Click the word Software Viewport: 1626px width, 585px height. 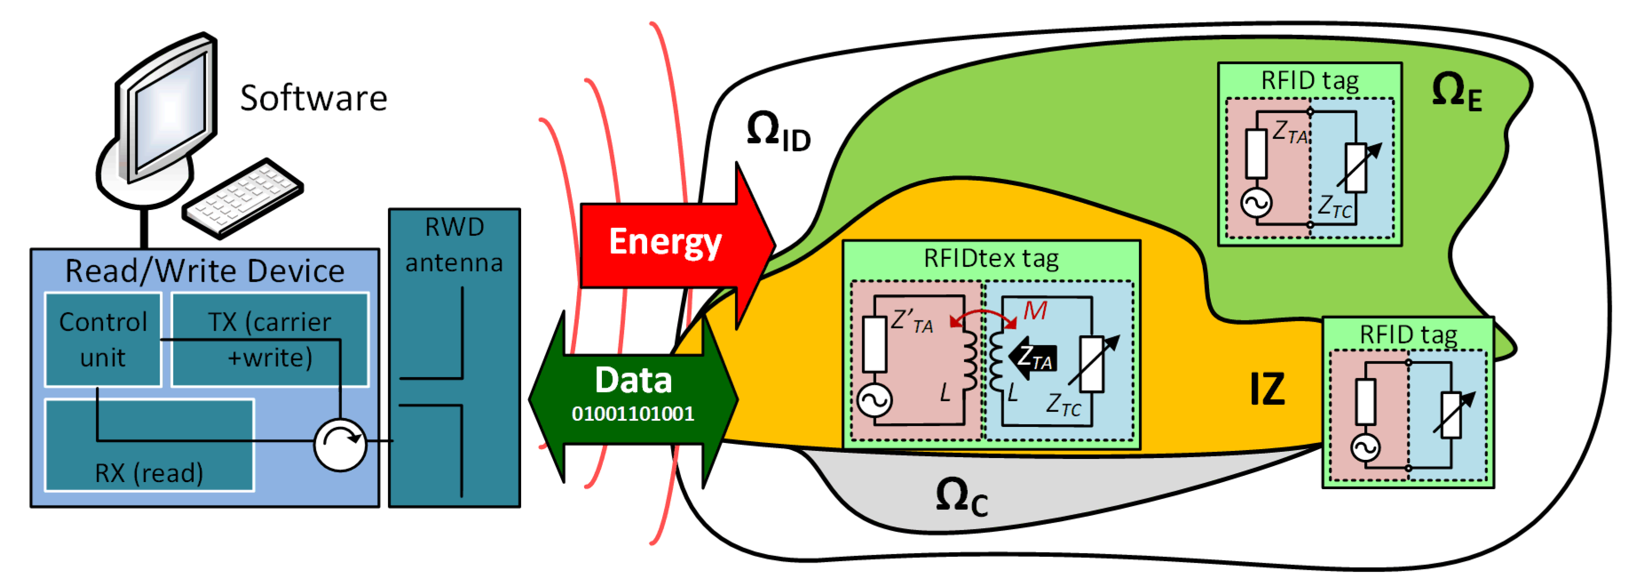click(313, 99)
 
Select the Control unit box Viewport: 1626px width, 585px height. click(103, 339)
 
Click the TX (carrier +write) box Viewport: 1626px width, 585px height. click(270, 339)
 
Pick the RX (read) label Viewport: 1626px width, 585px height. click(149, 473)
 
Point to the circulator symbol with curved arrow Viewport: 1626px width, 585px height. click(340, 444)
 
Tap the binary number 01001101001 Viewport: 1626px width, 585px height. click(632, 414)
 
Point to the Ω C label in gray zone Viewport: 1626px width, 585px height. click(961, 497)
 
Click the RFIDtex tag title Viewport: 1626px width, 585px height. click(991, 258)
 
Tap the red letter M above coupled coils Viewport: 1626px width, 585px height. click(1035, 311)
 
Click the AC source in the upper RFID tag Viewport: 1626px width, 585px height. click(1256, 203)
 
